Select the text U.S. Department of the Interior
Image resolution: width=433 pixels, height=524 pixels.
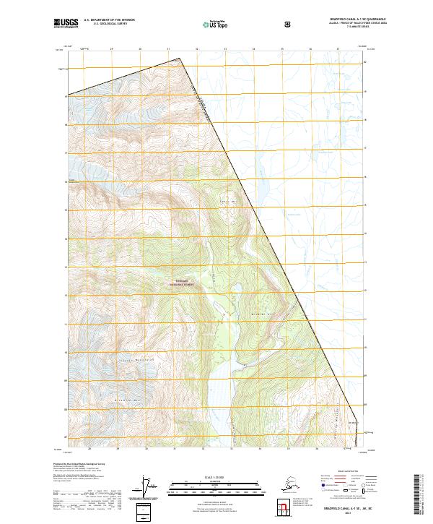coord(109,21)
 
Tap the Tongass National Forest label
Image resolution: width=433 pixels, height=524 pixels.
coord(182,283)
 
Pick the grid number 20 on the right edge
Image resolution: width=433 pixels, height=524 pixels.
coord(364,61)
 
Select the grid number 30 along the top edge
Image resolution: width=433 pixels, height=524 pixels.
coord(139,50)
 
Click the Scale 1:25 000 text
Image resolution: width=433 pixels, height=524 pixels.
coord(214,475)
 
